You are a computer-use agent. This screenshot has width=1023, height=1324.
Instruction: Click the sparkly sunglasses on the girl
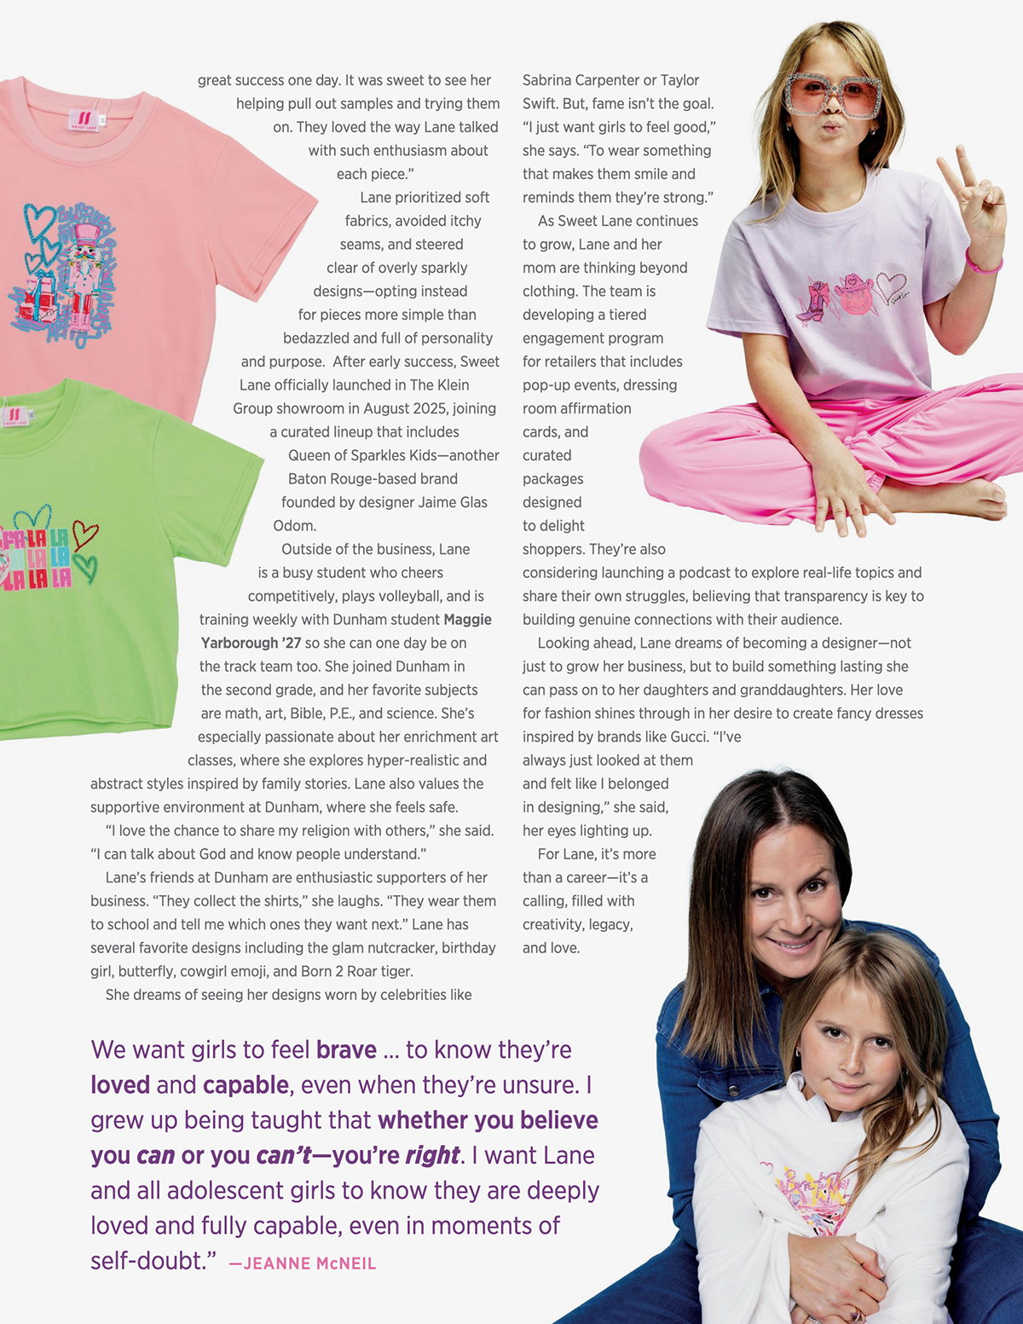(832, 95)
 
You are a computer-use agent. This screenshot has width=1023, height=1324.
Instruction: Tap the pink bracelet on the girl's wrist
(983, 263)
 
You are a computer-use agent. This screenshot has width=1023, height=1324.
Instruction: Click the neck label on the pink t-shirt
(84, 118)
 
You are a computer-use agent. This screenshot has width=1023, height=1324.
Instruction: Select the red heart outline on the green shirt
(85, 535)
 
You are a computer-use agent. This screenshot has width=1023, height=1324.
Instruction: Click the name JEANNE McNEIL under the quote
(309, 1263)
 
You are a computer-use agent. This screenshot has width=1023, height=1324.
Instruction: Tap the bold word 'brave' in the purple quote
(346, 1049)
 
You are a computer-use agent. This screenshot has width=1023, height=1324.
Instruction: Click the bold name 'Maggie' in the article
(467, 620)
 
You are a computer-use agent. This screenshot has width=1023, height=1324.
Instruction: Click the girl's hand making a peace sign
(972, 192)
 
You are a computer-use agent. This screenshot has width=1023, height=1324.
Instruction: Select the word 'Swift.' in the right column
(541, 103)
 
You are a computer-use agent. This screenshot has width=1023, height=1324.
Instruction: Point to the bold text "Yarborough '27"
(251, 643)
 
